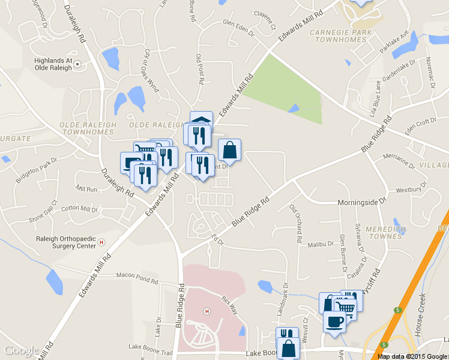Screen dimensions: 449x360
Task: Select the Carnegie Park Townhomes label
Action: pos(338,35)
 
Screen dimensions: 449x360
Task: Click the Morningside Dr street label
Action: pos(360,203)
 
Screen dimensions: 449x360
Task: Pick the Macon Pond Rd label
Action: pos(137,277)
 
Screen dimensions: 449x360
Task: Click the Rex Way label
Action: pos(230,302)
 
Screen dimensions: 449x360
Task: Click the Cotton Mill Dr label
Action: pos(79,209)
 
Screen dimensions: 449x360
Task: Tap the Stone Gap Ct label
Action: pos(43,211)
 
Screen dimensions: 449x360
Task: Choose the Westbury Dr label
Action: pos(409,190)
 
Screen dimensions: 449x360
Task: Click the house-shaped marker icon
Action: pos(201,118)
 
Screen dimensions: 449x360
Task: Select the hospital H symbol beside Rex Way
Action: pos(207,311)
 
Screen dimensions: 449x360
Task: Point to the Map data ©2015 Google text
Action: pos(412,356)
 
